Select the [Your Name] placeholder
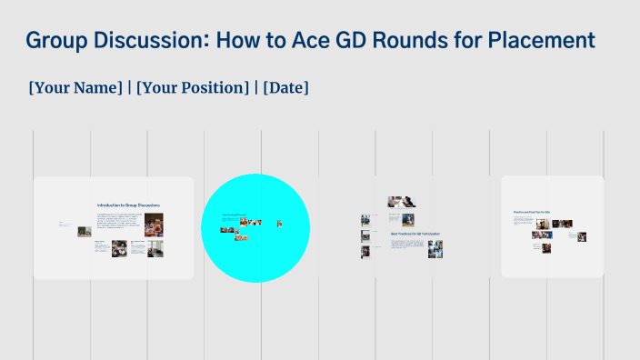[75, 88]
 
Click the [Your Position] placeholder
[193, 88]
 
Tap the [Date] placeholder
[285, 88]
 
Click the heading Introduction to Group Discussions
[129, 205]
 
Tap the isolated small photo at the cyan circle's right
[279, 223]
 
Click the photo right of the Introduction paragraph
[154, 223]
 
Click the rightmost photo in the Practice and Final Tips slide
[582, 237]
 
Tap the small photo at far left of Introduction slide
[84, 231]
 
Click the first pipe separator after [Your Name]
[129, 88]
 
